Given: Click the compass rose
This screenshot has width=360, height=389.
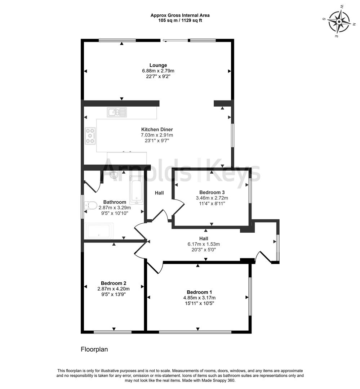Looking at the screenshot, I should (339, 21).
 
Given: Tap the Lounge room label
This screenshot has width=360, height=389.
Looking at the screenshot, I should (158, 65).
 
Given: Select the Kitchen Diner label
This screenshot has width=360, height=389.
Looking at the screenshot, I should (157, 129).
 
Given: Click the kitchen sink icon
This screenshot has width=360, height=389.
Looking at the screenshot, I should (117, 112).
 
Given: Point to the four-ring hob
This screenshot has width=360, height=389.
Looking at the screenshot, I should (90, 136).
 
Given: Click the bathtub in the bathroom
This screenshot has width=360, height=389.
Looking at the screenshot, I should (137, 190).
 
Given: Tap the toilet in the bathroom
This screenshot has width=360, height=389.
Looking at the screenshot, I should (90, 206).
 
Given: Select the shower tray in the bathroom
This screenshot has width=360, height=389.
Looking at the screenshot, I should (99, 231).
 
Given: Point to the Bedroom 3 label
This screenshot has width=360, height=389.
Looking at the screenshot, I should (212, 192).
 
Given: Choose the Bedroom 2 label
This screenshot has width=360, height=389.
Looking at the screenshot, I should (113, 283).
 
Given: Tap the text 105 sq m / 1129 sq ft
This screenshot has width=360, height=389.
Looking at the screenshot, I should (180, 21).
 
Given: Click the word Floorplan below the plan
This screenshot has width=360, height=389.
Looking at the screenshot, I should (94, 349).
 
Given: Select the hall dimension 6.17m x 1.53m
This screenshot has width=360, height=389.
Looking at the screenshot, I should (204, 244).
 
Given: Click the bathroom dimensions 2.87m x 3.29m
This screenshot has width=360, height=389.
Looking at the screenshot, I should (115, 207).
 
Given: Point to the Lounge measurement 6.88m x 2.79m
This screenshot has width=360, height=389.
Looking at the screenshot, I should (158, 71).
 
